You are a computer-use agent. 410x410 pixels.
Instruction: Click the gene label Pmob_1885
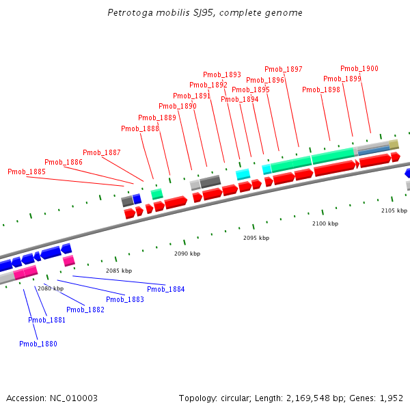pos(27,172)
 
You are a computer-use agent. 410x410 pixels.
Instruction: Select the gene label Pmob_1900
pos(359,68)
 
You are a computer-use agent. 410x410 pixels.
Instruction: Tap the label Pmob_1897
pos(284,69)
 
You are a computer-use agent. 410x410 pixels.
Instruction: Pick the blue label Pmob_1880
pos(38,344)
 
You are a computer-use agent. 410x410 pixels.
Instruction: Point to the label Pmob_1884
pos(166,289)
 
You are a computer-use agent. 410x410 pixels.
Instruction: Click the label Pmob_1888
pos(140,128)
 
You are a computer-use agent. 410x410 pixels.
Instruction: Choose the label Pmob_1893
pos(222,74)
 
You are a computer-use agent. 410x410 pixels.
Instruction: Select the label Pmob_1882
pos(85,310)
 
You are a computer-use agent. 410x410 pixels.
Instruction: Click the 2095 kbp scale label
pos(256,238)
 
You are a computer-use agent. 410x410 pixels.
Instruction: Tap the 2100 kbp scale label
pos(325,223)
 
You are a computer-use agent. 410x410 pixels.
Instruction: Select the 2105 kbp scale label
pos(394,210)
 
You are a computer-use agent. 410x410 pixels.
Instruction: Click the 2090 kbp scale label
pos(187,254)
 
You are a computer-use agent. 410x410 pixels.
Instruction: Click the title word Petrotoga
pos(130,13)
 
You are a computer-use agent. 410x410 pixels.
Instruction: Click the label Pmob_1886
pos(64,162)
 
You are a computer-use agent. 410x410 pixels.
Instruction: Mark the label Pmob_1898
pos(321,90)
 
